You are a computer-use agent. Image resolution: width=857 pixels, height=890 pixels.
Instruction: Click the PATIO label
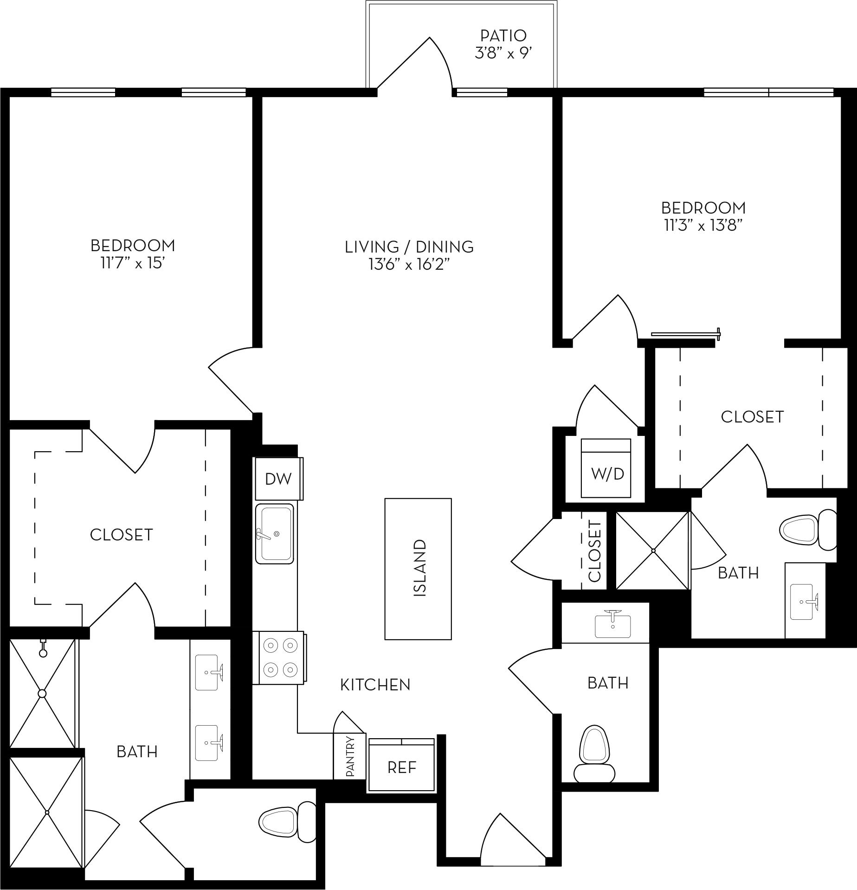pyautogui.click(x=503, y=35)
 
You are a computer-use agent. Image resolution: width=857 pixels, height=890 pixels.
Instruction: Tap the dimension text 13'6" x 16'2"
pyautogui.click(x=409, y=265)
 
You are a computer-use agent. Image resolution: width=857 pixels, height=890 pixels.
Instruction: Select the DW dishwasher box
pyautogui.click(x=278, y=479)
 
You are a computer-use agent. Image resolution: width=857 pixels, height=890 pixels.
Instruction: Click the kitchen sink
pyautogui.click(x=275, y=534)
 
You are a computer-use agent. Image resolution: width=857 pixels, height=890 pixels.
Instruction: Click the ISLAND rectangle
pyautogui.click(x=418, y=569)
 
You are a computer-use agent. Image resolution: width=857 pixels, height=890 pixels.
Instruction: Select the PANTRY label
pyautogui.click(x=350, y=757)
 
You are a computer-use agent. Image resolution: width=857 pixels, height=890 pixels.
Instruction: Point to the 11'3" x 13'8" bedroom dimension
pyautogui.click(x=703, y=226)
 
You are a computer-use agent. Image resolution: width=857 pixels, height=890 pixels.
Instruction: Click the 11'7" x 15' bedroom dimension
pyautogui.click(x=133, y=263)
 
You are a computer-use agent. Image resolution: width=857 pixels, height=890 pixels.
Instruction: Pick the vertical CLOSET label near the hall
pyautogui.click(x=594, y=551)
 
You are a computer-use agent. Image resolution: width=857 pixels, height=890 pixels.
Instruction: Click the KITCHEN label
pyautogui.click(x=375, y=685)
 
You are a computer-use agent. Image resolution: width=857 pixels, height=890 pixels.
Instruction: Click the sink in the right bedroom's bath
pyautogui.click(x=805, y=602)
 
